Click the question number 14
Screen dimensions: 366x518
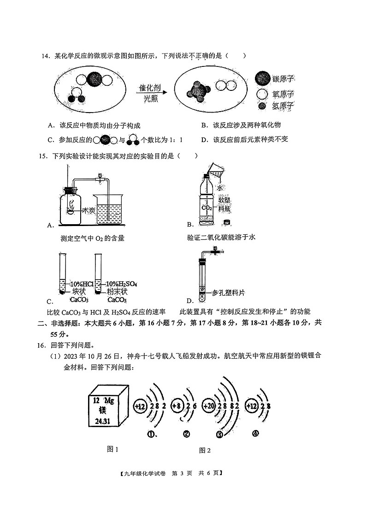click(x=45, y=56)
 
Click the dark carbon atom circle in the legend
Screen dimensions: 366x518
click(x=262, y=79)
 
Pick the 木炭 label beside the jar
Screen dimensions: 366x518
click(x=88, y=210)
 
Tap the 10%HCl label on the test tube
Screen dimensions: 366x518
click(x=82, y=283)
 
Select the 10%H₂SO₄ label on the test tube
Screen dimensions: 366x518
click(x=122, y=283)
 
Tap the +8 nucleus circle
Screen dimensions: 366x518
click(x=176, y=405)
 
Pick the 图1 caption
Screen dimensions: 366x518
click(x=112, y=449)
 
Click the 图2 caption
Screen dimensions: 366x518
click(x=205, y=450)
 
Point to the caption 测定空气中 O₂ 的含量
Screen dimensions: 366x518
click(x=93, y=238)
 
